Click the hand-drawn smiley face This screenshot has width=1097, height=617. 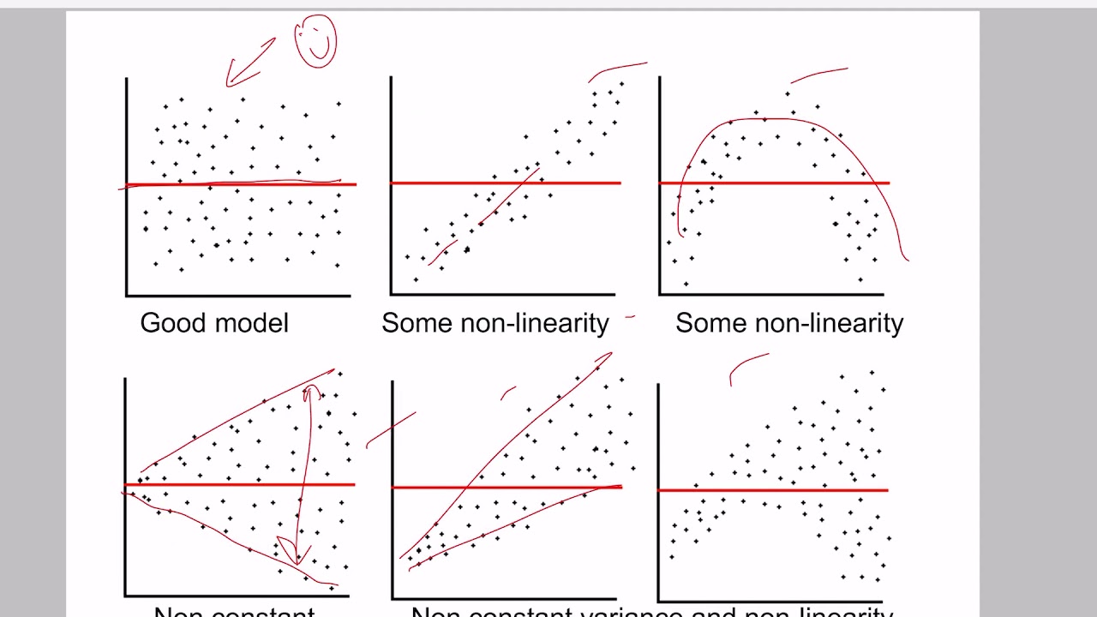point(315,41)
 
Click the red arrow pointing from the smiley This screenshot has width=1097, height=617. point(250,62)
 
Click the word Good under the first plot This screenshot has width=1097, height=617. point(171,323)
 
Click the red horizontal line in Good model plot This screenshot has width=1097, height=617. point(240,183)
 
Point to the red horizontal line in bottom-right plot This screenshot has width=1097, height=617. point(771,490)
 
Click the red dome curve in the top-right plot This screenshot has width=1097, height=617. point(771,119)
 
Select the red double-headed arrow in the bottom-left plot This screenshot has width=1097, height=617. point(304,471)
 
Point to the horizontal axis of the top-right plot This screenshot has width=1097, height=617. point(771,296)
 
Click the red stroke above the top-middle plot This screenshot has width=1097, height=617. point(617,68)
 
